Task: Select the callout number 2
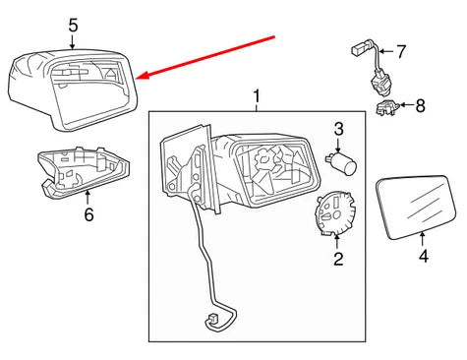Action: pyautogui.click(x=336, y=260)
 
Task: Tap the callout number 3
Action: pyautogui.click(x=337, y=129)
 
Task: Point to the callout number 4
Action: pyautogui.click(x=423, y=259)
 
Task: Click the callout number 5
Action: pyautogui.click(x=74, y=26)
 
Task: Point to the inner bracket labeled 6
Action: pyautogui.click(x=82, y=173)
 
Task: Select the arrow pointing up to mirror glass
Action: pyautogui.click(x=423, y=240)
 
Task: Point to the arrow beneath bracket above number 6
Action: pyautogui.click(x=87, y=197)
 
